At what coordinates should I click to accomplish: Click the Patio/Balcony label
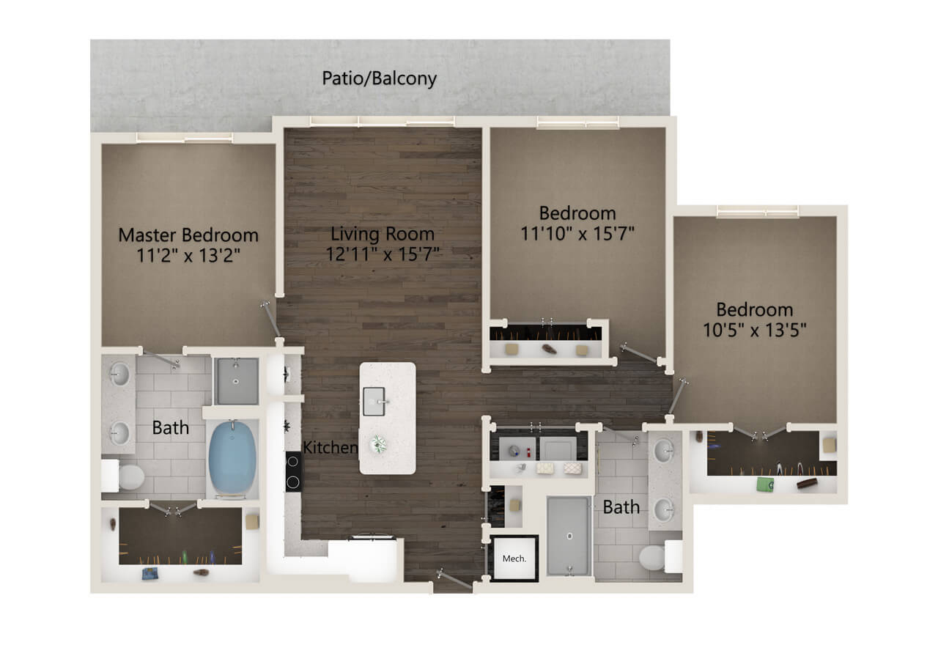[379, 78]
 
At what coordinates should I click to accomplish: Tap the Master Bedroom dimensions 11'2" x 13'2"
[188, 255]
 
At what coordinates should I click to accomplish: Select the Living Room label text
[383, 234]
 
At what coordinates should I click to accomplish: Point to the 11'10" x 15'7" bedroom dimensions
[577, 233]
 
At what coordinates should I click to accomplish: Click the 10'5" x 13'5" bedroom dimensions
[754, 330]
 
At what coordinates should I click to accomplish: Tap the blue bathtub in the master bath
[232, 457]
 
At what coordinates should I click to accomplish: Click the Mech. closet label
[514, 559]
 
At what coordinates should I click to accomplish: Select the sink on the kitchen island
[374, 401]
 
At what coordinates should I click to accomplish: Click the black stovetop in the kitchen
[293, 471]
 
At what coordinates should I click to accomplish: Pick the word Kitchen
[330, 447]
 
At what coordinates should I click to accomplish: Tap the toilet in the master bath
[124, 476]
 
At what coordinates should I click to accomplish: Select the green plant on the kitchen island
[378, 444]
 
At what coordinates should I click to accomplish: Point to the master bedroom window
[184, 138]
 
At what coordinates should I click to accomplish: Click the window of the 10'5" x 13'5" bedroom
[758, 211]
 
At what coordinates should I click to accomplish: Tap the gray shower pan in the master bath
[236, 380]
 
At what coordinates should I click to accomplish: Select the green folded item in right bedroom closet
[765, 484]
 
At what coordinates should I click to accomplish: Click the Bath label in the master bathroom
[171, 427]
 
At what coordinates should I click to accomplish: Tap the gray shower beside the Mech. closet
[569, 536]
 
